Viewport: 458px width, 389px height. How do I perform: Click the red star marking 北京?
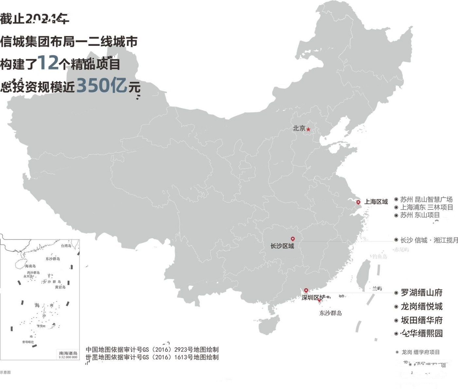(308, 129)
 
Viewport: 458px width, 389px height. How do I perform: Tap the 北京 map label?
(299, 128)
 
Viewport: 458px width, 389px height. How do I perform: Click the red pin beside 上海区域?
(358, 202)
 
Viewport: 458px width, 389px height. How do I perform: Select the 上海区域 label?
(376, 202)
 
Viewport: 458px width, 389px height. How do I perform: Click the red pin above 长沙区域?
(293, 239)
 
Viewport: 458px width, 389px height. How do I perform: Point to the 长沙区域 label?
(282, 246)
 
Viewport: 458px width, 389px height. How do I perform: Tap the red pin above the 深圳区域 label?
(306, 290)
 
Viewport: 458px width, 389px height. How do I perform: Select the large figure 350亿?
(101, 85)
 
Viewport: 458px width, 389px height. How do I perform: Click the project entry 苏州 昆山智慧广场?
(426, 199)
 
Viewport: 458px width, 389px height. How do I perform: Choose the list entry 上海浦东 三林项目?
(427, 207)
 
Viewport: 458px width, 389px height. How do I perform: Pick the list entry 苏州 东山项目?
(420, 215)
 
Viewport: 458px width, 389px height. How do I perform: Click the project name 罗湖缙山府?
(421, 292)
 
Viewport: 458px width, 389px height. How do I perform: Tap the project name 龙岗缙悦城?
(421, 306)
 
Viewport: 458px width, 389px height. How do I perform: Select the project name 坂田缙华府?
(421, 320)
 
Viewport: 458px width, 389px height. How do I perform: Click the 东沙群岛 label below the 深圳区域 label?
(330, 313)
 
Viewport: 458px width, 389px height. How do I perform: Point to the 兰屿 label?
(377, 288)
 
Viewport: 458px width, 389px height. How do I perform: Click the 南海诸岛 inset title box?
(68, 355)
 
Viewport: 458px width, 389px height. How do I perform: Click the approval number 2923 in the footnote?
(181, 349)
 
